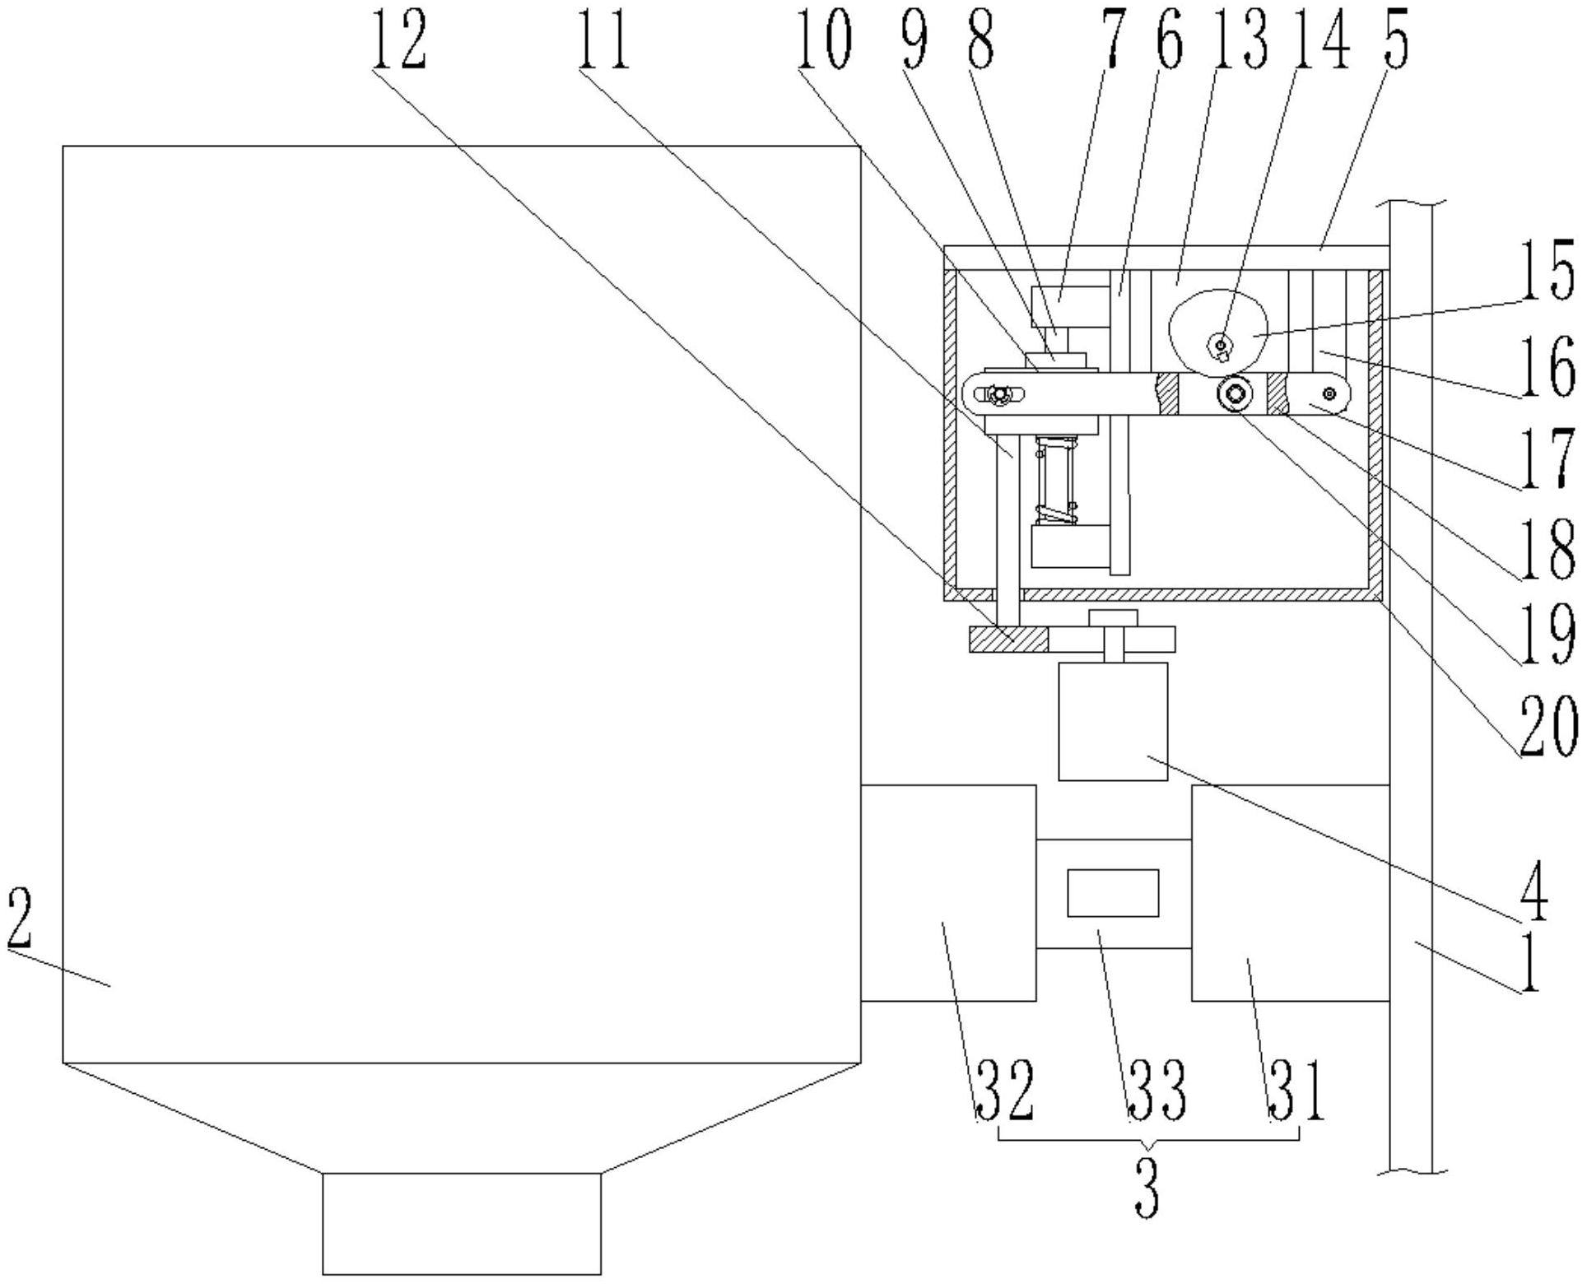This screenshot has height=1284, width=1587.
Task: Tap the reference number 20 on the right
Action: tap(1548, 724)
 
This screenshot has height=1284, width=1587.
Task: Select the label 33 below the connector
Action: tap(1157, 1091)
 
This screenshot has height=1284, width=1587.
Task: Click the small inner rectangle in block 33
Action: tap(1113, 892)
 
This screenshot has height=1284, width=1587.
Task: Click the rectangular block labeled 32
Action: tap(947, 892)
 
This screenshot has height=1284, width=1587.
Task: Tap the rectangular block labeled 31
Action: tap(1290, 892)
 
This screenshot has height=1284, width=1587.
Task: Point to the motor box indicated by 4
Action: tap(1113, 721)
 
